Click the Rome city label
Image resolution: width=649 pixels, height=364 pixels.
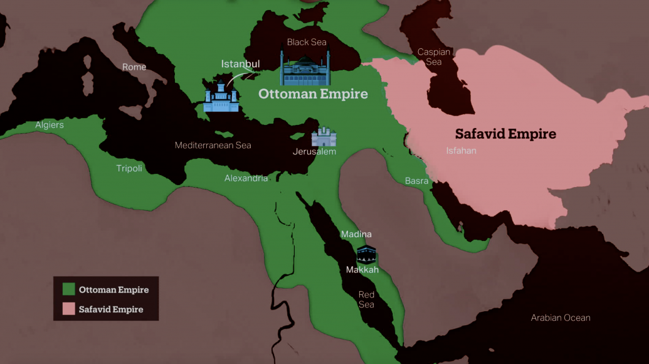click(x=134, y=67)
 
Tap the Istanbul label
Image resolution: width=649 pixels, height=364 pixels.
click(x=240, y=64)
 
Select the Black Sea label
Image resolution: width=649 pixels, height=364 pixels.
click(x=307, y=42)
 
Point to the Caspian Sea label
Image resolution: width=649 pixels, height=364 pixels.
click(x=434, y=57)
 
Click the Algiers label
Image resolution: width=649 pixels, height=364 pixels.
click(x=50, y=125)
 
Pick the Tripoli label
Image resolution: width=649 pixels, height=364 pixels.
click(x=129, y=168)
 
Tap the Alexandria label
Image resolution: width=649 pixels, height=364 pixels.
click(x=246, y=178)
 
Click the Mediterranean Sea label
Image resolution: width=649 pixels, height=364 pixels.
click(x=213, y=146)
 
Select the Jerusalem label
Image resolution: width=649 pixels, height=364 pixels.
click(x=314, y=152)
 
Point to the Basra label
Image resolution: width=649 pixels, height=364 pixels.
click(x=416, y=181)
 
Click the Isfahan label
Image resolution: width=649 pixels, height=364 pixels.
click(x=461, y=151)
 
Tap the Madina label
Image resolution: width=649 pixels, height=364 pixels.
click(x=356, y=234)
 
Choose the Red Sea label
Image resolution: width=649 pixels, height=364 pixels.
click(x=366, y=299)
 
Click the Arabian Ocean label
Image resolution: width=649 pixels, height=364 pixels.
click(x=560, y=318)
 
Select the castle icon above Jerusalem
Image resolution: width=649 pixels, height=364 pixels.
click(x=324, y=137)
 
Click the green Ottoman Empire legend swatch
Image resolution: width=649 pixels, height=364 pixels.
click(x=69, y=289)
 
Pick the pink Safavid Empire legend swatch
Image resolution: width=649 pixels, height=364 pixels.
click(x=69, y=309)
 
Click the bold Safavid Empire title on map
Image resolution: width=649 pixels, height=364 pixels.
click(x=505, y=134)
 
